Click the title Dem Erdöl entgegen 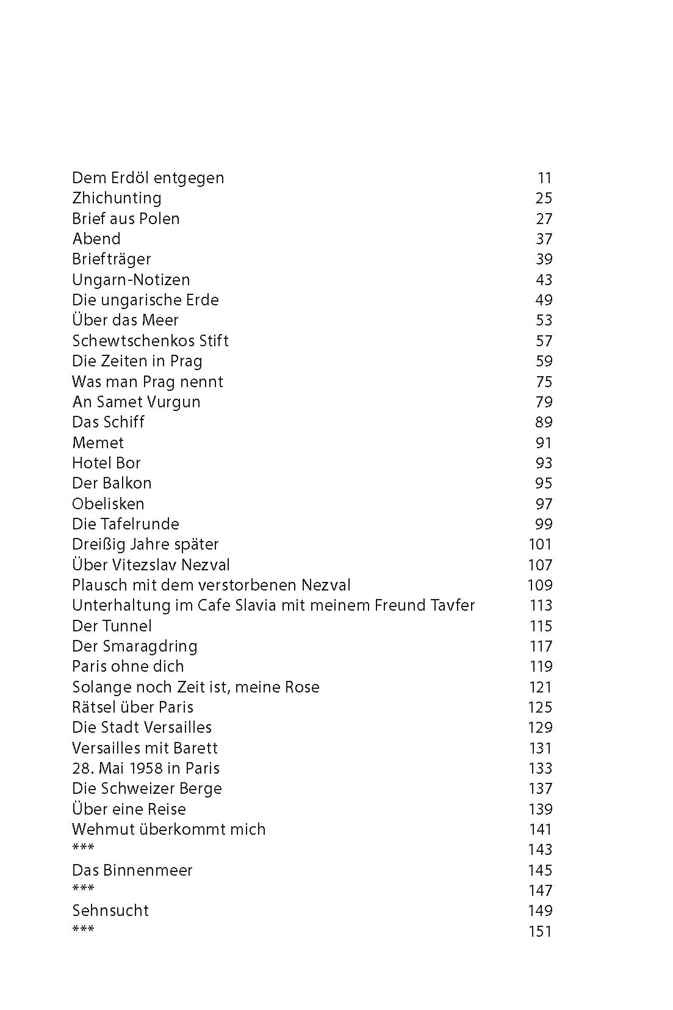click(148, 178)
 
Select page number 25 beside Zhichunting click(543, 198)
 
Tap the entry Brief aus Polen click(126, 219)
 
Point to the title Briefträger click(111, 259)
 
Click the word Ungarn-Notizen click(131, 280)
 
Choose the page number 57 click(543, 341)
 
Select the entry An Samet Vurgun click(136, 402)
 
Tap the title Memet click(98, 443)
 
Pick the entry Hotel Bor click(106, 463)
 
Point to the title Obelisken click(108, 504)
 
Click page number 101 click(540, 544)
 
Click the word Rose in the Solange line click(302, 687)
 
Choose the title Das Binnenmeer click(132, 870)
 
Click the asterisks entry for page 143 click(83, 848)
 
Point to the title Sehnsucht click(110, 910)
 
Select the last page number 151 click(540, 931)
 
